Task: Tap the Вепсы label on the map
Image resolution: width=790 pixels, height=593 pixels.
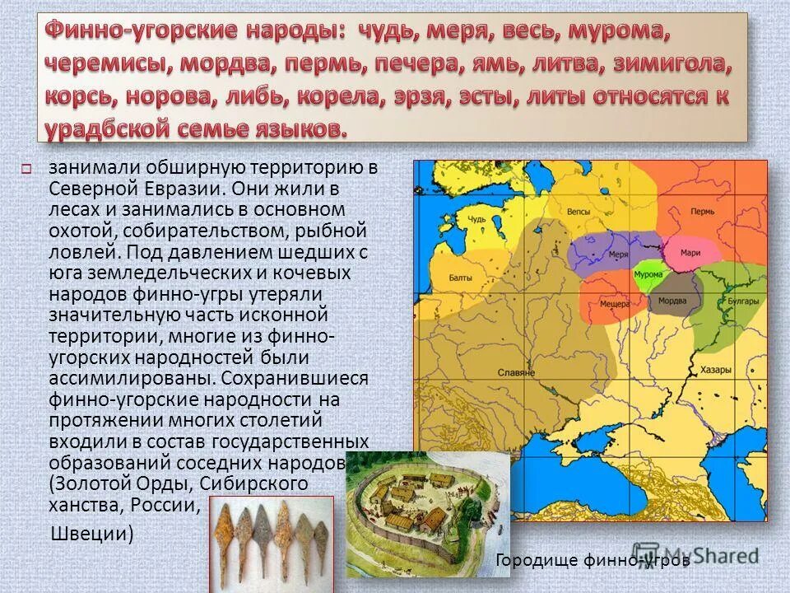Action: pyautogui.click(x=580, y=212)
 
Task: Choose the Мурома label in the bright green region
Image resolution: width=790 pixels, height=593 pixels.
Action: pyautogui.click(x=647, y=274)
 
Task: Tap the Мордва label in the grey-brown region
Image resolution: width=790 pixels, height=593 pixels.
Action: pyautogui.click(x=672, y=301)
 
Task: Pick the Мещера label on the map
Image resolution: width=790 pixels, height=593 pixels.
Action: pyautogui.click(x=611, y=303)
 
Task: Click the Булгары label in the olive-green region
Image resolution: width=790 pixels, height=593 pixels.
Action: pyautogui.click(x=742, y=302)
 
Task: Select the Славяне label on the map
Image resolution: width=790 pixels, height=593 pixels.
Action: pyautogui.click(x=516, y=373)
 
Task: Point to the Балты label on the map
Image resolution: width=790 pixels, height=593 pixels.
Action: pyautogui.click(x=460, y=278)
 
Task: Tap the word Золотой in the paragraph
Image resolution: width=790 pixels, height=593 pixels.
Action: pyautogui.click(x=91, y=482)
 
